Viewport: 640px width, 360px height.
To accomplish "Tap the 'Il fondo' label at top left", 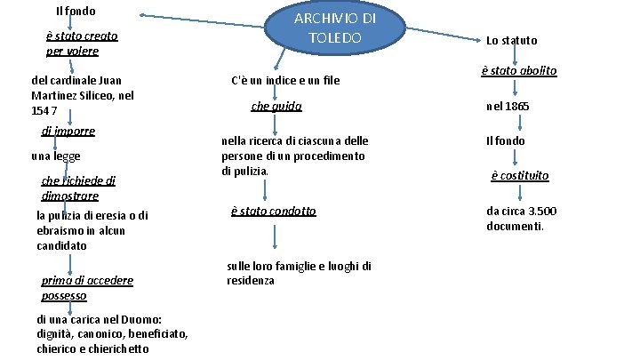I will click(x=76, y=12).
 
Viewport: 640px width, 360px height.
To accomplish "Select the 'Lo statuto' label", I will click(x=511, y=40).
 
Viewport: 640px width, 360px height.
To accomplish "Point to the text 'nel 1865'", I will click(x=508, y=107).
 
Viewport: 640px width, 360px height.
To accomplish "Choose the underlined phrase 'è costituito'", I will click(x=520, y=176).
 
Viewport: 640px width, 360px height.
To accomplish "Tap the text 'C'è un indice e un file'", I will click(x=285, y=80).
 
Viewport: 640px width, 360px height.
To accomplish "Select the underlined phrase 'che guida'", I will click(x=276, y=107).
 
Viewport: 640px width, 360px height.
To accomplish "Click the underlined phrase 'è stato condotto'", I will click(x=273, y=211).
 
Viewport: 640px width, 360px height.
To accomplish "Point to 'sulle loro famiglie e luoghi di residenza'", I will click(x=299, y=273).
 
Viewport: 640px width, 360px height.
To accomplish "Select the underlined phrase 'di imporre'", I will click(x=68, y=132).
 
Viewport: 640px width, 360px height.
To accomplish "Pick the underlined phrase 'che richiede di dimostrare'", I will click(x=78, y=188).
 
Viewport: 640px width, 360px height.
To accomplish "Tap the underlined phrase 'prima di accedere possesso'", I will click(x=87, y=288).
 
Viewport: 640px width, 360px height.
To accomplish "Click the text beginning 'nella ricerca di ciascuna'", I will click(x=294, y=155).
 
